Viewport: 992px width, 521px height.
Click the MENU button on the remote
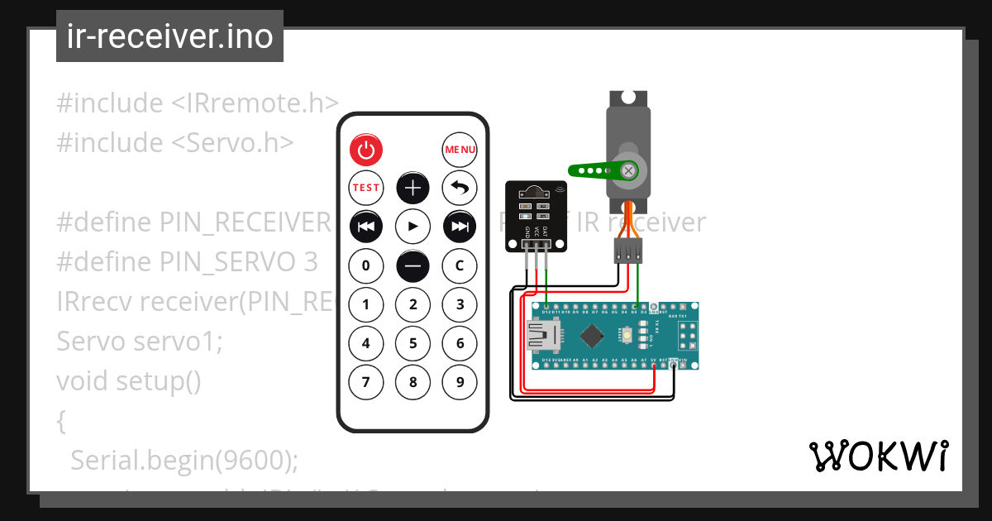pos(460,150)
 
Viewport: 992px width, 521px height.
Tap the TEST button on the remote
pos(365,188)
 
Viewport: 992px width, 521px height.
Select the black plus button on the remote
pos(413,188)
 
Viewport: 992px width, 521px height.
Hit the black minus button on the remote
pos(413,265)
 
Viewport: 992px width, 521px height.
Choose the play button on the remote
pos(413,226)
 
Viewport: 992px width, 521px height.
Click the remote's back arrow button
pos(460,188)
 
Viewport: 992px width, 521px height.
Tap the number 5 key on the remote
pos(413,343)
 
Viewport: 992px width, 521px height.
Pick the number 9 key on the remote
pos(460,382)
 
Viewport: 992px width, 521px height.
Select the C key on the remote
pos(460,265)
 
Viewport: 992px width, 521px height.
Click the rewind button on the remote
pos(365,226)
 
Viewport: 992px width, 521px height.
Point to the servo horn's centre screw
pos(629,170)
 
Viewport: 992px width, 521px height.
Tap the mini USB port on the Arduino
pos(541,336)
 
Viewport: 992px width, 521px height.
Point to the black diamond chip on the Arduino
pos(592,336)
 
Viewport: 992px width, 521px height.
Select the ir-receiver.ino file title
pos(169,37)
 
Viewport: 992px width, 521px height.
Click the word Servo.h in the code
pos(248,142)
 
